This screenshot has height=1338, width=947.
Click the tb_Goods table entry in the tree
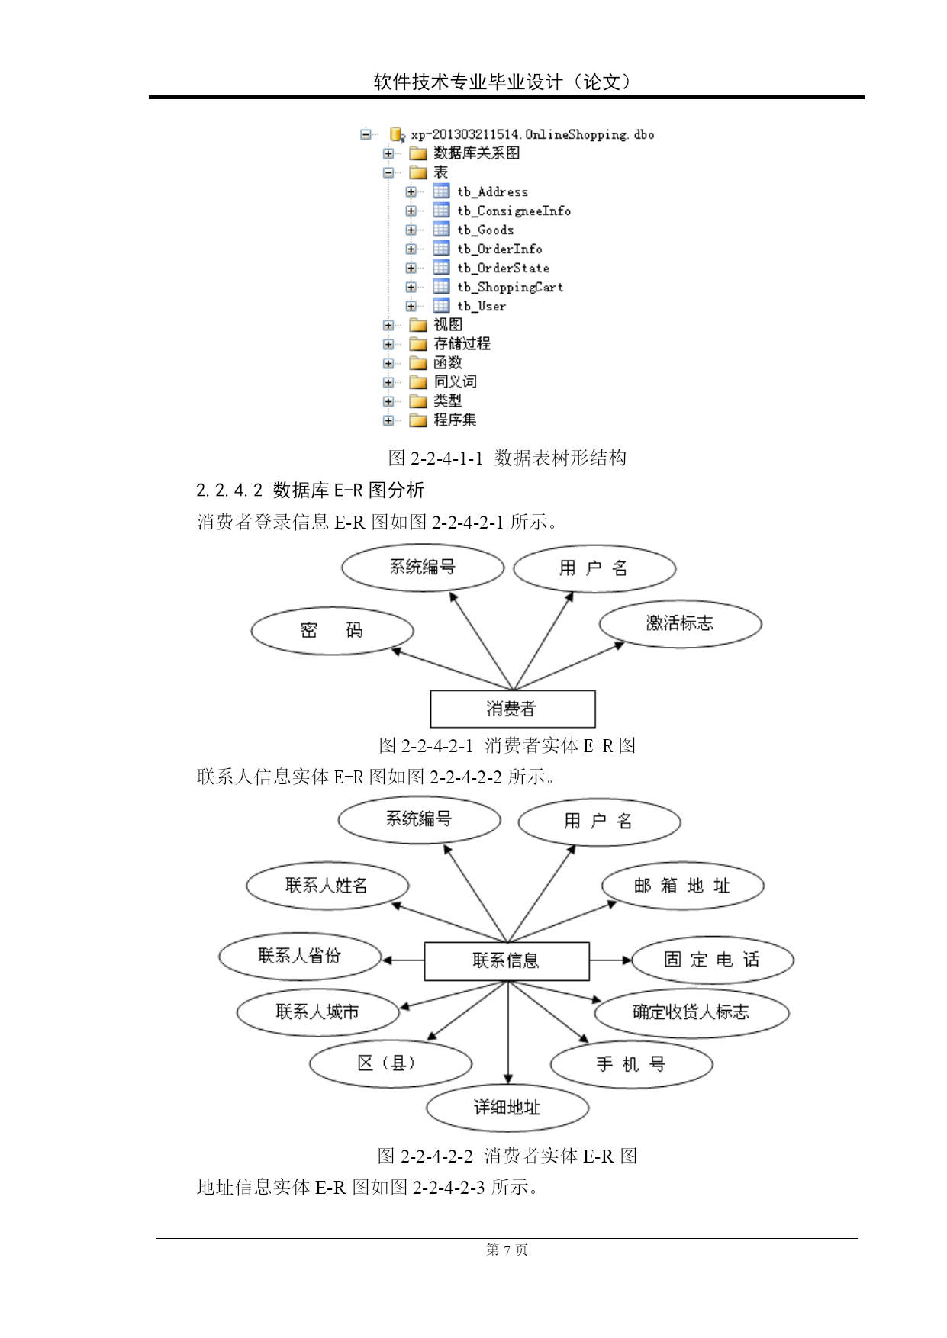tap(485, 230)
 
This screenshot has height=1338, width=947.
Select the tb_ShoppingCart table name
tap(511, 287)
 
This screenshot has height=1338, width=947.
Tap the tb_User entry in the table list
tap(482, 306)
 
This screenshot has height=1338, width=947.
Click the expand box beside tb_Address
tap(411, 191)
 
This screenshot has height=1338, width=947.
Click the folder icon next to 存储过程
tap(418, 344)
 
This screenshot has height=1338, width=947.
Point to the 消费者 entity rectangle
tap(513, 709)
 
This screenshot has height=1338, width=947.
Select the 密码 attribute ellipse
tap(332, 631)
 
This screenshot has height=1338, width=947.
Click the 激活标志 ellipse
tap(680, 624)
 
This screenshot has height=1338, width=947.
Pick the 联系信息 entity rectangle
tap(507, 961)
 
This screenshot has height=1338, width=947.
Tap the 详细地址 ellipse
tap(507, 1108)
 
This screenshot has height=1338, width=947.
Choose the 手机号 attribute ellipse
tap(631, 1064)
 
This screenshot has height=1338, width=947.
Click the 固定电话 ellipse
tap(713, 960)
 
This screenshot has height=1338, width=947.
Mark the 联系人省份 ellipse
tap(300, 957)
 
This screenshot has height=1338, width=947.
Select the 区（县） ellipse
tap(391, 1063)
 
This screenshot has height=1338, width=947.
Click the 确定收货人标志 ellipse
tap(691, 1013)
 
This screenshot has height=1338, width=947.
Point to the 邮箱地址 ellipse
tap(682, 886)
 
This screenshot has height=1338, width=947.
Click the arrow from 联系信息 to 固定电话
tap(610, 960)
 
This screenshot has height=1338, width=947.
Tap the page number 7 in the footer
tap(507, 1250)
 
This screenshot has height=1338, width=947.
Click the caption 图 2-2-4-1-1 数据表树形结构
tap(507, 458)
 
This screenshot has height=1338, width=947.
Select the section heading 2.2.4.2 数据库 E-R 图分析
tap(310, 490)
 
